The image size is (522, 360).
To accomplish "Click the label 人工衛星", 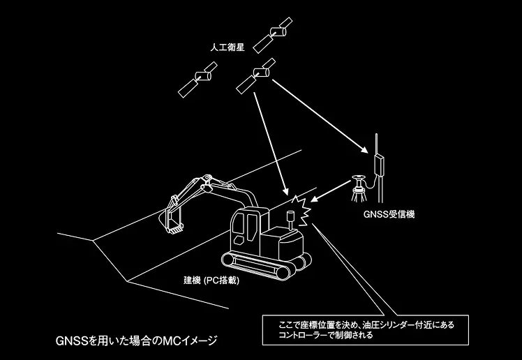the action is pos(228,47).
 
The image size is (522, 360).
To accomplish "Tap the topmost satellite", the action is pos(273,35).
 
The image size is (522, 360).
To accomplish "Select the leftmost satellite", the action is pos(197,80).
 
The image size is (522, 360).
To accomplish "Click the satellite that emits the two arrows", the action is pos(256,76).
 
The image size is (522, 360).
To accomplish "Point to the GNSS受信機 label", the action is pos(389,214).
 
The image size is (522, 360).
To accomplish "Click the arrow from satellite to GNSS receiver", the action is pos(320,116).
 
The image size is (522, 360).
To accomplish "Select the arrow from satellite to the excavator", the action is pos(271,144).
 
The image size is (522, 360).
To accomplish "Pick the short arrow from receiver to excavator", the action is pos(331,191).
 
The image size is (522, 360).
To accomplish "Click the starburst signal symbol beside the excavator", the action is pos(303,211).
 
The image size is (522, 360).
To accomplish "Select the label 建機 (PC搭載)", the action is pos(211,280).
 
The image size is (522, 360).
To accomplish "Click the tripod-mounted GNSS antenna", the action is pos(359,189).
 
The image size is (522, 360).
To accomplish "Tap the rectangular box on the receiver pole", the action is pos(379,165).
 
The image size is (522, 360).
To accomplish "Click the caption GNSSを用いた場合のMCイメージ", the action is pos(136,340).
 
